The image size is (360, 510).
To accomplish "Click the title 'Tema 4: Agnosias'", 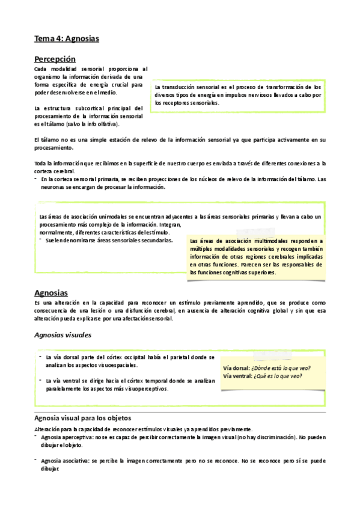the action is (67, 38).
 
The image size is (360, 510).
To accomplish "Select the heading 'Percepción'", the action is (55, 59).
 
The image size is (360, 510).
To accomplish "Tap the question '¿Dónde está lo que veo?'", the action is (281, 368).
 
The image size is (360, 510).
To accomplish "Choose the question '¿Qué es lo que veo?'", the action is (278, 376).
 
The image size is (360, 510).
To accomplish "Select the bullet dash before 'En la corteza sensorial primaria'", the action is (36, 179).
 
